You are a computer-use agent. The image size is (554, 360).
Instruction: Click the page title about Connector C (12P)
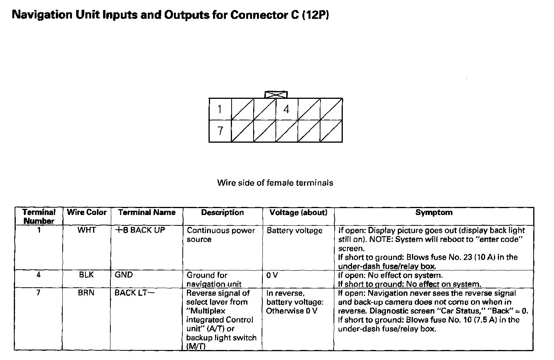tap(170, 15)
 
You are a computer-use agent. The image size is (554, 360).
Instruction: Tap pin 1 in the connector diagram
tap(220, 110)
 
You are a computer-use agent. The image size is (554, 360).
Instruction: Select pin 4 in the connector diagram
tap(286, 110)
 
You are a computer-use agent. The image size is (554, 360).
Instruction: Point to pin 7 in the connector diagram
tap(220, 131)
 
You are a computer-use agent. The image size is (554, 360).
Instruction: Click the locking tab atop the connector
tap(276, 95)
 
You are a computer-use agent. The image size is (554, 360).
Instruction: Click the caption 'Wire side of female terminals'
tap(275, 183)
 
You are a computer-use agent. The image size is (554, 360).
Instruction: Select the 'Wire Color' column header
tap(87, 212)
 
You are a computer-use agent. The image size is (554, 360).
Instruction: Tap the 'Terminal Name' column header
tap(147, 212)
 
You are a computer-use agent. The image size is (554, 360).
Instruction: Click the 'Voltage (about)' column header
tap(298, 212)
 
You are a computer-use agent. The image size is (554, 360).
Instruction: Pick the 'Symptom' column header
tap(434, 212)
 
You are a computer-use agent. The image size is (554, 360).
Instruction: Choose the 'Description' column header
tap(222, 212)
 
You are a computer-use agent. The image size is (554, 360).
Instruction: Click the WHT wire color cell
tap(87, 230)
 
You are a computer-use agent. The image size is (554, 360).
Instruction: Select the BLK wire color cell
tap(87, 275)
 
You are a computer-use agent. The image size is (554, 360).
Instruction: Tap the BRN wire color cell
tap(87, 293)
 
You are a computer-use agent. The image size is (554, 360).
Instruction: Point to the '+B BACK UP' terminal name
tap(140, 230)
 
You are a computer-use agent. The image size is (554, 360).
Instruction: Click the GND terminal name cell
tap(123, 275)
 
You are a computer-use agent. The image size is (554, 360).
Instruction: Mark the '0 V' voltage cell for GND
tap(272, 275)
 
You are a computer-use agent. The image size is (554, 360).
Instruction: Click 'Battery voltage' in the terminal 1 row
tap(294, 231)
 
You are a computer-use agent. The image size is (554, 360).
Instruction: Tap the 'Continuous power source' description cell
tap(221, 235)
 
